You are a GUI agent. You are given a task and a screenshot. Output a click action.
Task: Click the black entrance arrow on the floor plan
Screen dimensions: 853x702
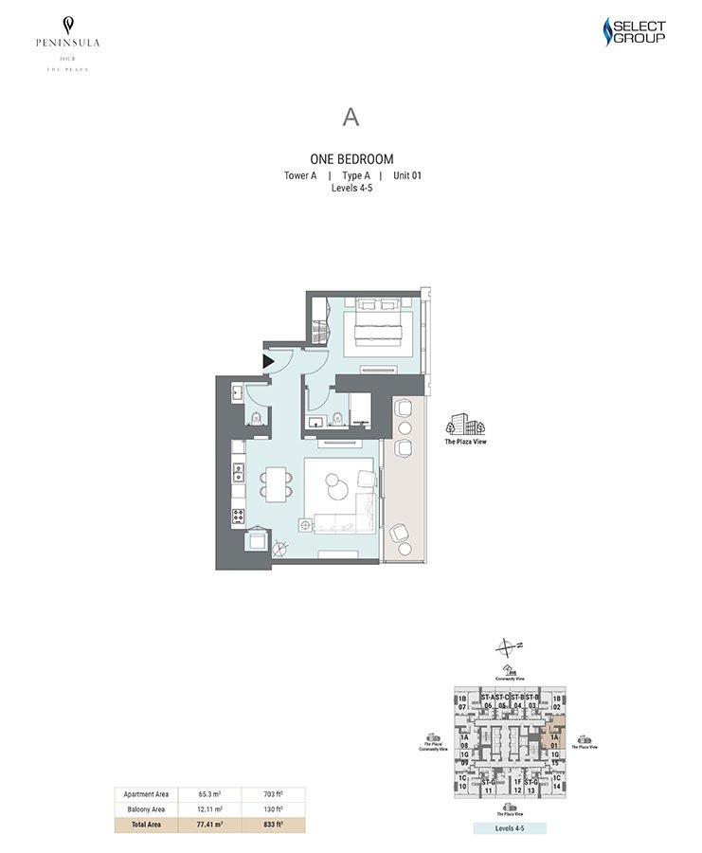pos(268,360)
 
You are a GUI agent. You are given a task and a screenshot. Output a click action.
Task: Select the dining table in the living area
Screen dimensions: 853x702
pos(275,484)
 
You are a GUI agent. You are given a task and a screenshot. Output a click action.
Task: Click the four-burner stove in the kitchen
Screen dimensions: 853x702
pos(238,517)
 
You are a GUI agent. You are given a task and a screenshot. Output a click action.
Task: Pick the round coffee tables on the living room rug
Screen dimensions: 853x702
pos(341,482)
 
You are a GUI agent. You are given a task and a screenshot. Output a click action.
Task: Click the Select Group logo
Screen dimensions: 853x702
pos(635,33)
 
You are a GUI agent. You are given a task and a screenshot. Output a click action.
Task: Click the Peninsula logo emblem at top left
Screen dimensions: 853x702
pos(67,25)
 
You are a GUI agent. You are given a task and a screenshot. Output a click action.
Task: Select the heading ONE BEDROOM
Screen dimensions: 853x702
pos(351,159)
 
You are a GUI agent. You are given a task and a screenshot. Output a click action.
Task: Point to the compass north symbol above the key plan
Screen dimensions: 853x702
pos(509,648)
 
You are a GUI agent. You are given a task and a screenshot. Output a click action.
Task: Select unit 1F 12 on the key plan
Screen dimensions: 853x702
pos(517,786)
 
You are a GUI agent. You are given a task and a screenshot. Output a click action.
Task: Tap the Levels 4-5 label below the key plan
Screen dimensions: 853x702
pos(510,827)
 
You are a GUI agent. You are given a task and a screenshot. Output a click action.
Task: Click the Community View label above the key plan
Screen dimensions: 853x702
pos(510,679)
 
